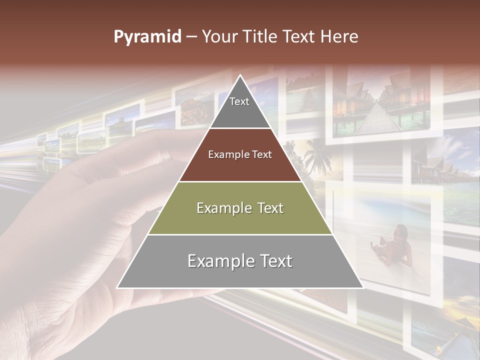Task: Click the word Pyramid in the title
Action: click(x=147, y=37)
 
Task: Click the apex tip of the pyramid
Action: click(x=240, y=76)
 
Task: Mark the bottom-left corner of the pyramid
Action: click(x=118, y=287)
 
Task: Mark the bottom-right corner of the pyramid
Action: click(x=362, y=287)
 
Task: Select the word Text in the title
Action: click(x=299, y=37)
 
